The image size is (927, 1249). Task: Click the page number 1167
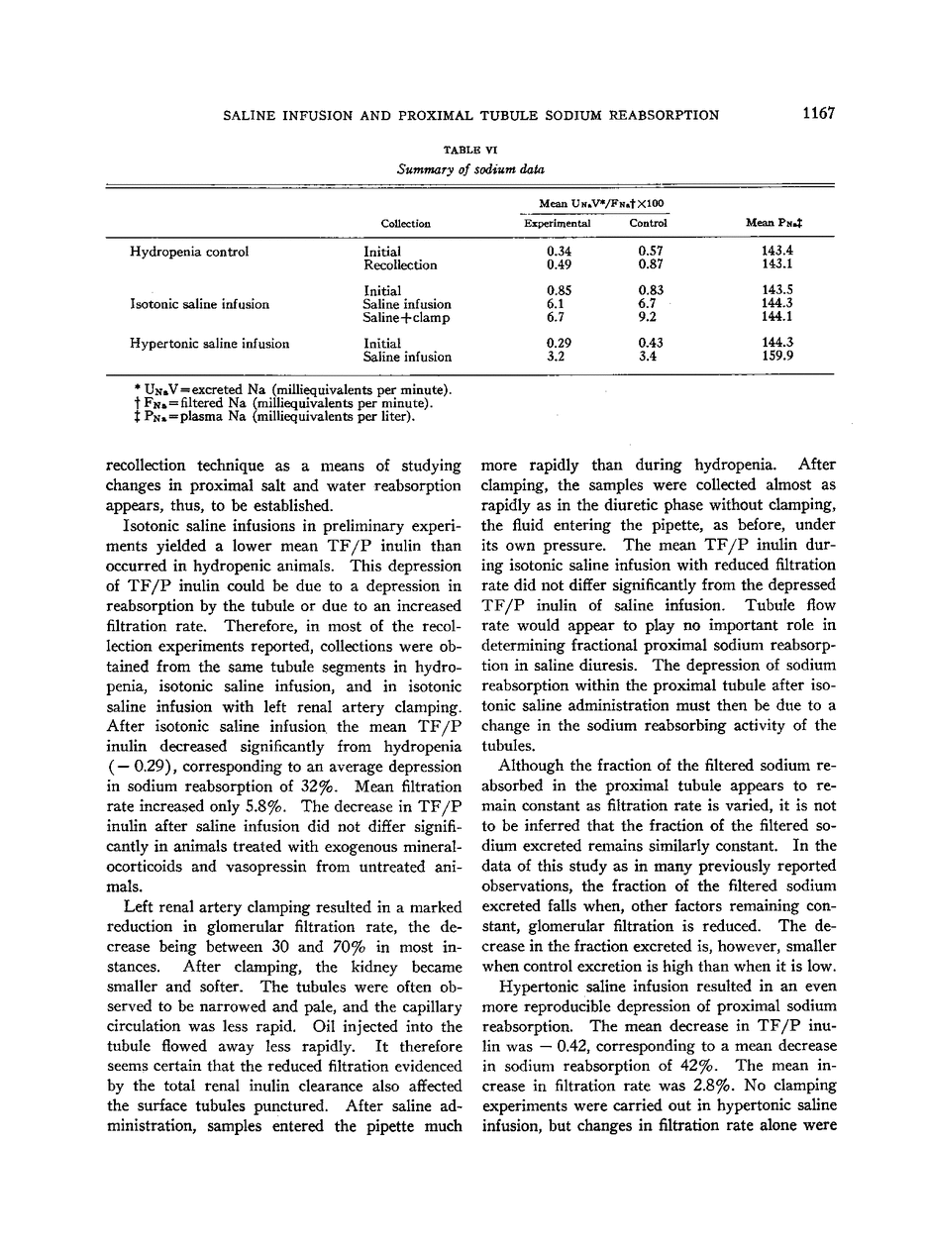819,114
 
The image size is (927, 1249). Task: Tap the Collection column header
404,224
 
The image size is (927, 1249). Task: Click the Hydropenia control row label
189,252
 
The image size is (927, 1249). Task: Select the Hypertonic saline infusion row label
209,344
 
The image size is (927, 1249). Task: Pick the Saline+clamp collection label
406,318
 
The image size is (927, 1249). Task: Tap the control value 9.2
648,318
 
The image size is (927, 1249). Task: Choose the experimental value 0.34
558,252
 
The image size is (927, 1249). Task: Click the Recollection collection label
400,264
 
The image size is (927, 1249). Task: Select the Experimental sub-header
557,224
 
